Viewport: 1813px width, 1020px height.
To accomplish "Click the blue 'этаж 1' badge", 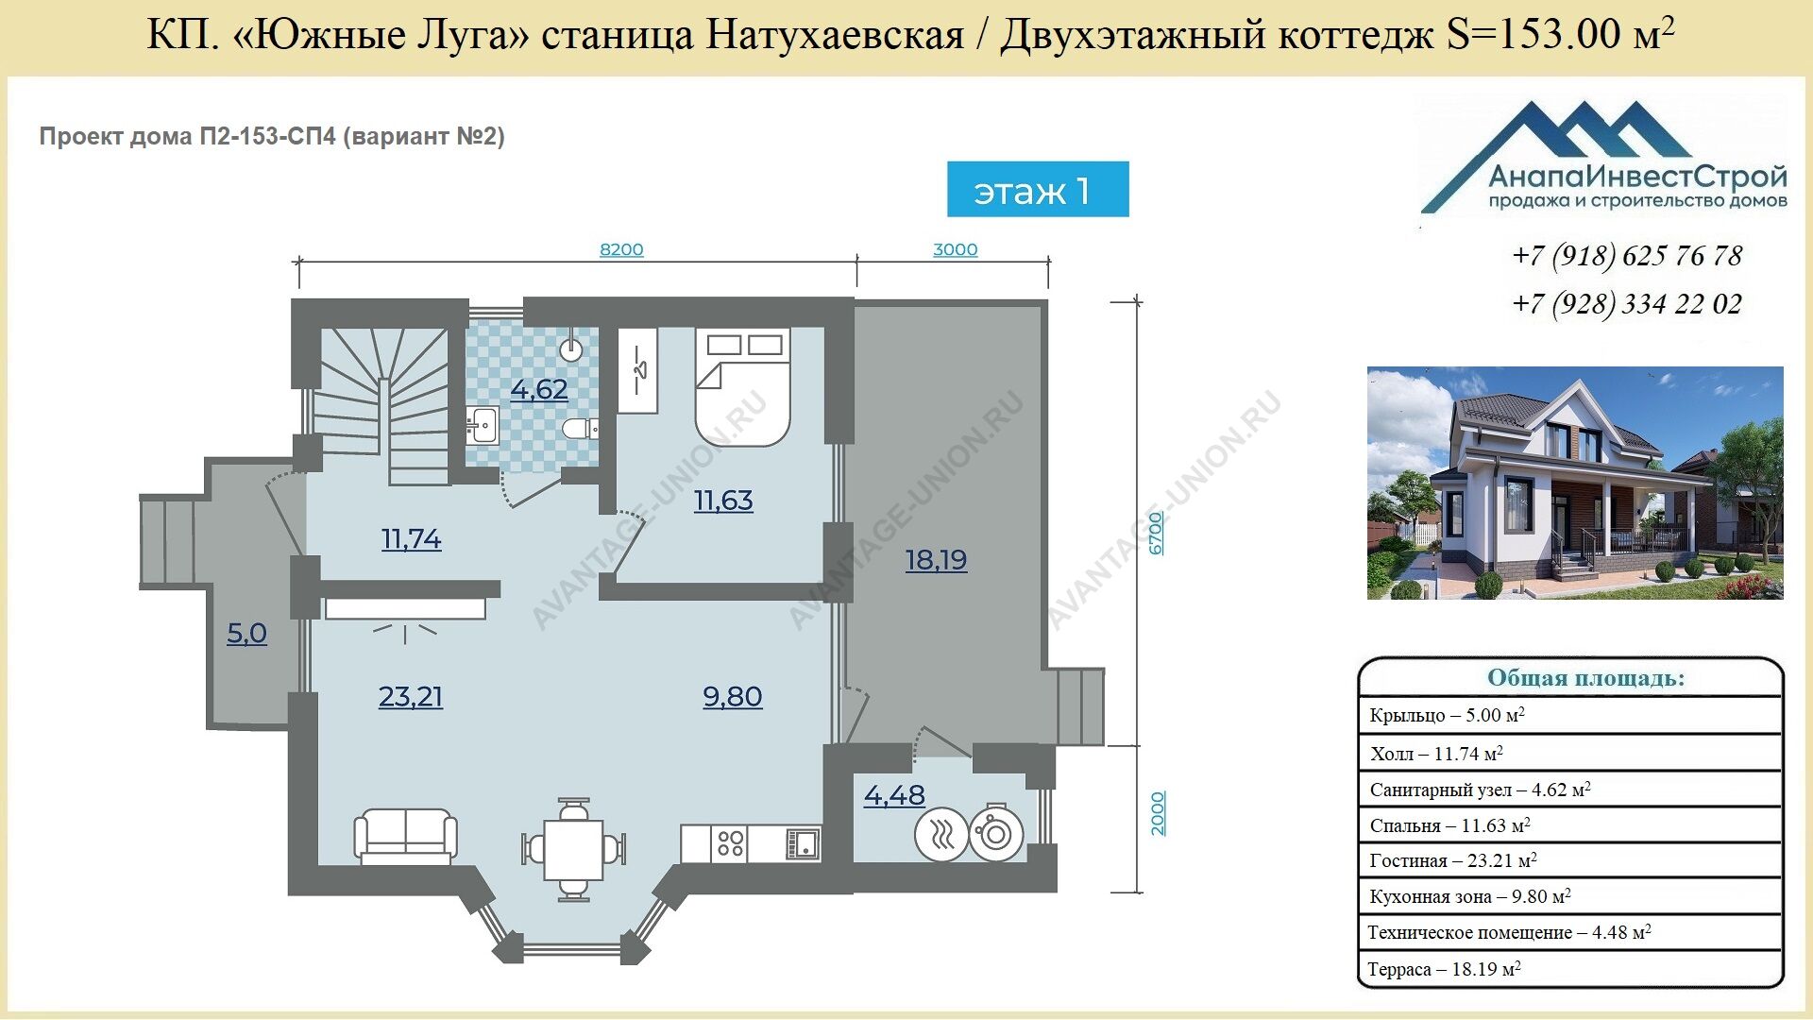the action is [x=1038, y=189].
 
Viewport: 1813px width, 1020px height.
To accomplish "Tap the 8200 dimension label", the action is [x=621, y=249].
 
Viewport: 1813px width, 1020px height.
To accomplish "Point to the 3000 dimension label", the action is [x=955, y=249].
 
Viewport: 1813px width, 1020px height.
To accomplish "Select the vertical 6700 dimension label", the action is [x=1157, y=534].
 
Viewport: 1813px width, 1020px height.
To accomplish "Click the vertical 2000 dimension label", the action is [x=1158, y=813].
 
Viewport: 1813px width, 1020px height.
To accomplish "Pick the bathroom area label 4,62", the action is [x=539, y=389].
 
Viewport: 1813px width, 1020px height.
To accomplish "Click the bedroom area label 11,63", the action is [x=723, y=501].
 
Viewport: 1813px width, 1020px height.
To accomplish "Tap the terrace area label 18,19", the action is [x=936, y=560].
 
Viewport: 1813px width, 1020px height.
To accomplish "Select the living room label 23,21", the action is [x=411, y=697].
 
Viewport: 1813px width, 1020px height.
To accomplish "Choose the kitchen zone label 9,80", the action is [x=733, y=697].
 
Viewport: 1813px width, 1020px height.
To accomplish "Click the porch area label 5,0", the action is [x=246, y=633].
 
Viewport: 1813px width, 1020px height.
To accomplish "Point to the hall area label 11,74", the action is [x=412, y=539].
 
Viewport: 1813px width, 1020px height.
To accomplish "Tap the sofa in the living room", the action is [x=406, y=837].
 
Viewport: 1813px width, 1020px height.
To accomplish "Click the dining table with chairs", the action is [x=573, y=850].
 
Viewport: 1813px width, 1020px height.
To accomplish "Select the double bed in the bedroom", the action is [x=742, y=386].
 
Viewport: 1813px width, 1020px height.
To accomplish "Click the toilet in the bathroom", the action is [x=580, y=429].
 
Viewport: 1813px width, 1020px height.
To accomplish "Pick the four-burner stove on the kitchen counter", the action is [x=730, y=843].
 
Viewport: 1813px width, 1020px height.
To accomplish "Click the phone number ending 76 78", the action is [x=1627, y=256].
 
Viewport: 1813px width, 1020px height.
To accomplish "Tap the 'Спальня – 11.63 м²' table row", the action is [x=1569, y=824].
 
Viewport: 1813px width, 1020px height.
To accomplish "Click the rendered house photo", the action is [x=1575, y=483].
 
